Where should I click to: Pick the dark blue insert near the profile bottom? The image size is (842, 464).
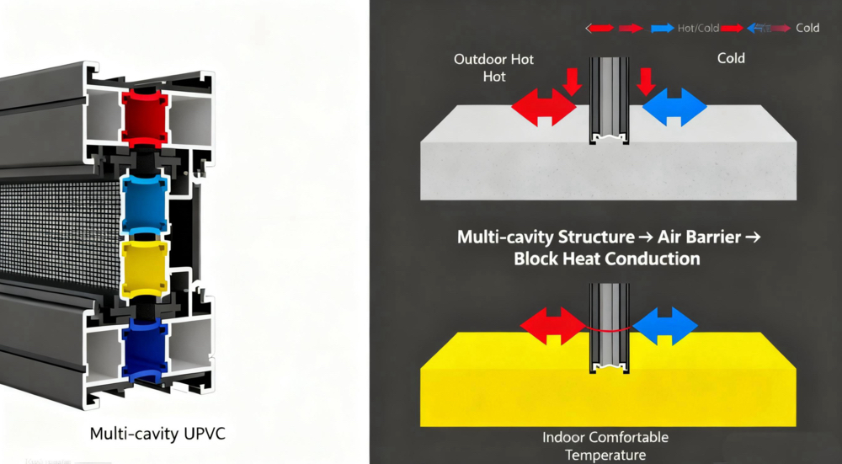[x=144, y=352]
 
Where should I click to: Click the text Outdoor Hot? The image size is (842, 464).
[x=493, y=60]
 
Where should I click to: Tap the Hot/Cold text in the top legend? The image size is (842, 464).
[x=698, y=29]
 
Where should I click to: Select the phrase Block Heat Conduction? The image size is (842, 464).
[x=606, y=259]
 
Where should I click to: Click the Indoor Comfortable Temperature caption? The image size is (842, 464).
[x=606, y=445]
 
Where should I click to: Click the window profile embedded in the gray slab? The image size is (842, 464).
[x=610, y=101]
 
